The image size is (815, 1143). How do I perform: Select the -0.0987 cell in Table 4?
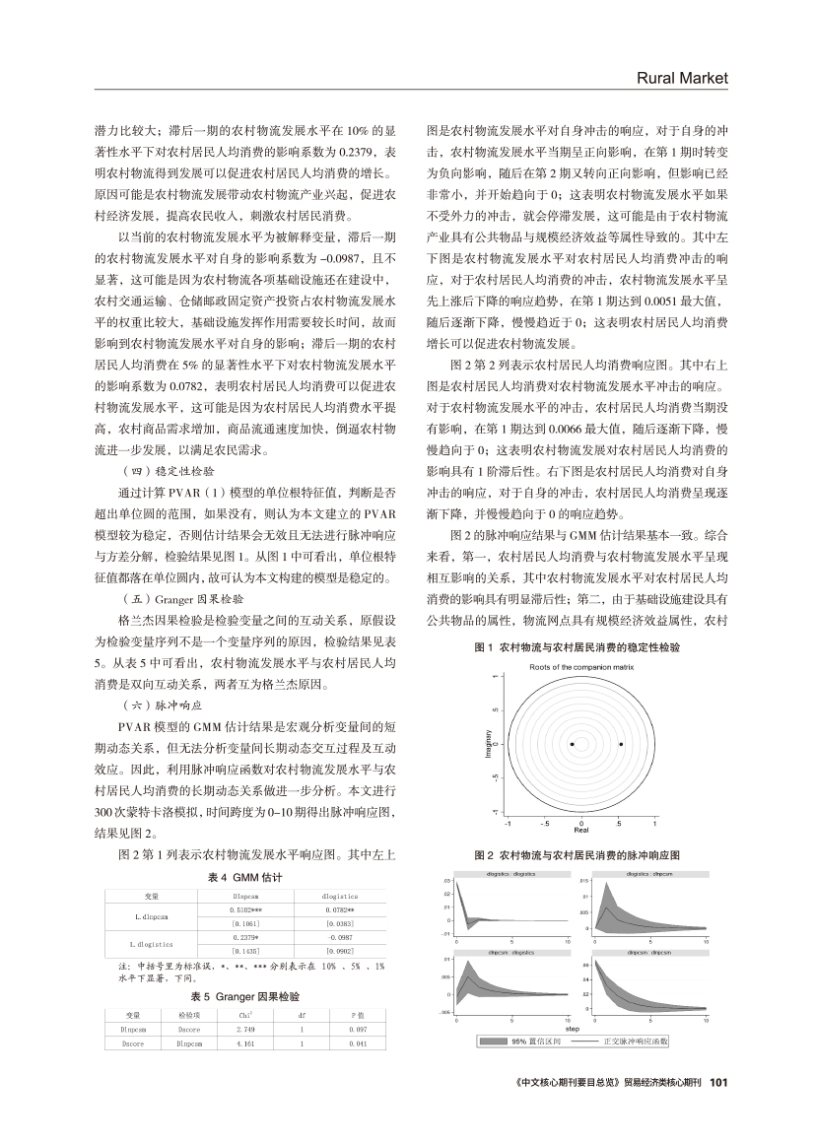click(x=338, y=938)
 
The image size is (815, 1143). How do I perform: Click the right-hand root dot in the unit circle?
click(x=621, y=744)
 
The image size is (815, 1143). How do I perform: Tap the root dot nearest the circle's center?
click(x=573, y=744)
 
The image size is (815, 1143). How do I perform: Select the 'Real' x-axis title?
click(x=581, y=832)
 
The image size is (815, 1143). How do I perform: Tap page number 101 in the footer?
click(x=717, y=1081)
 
